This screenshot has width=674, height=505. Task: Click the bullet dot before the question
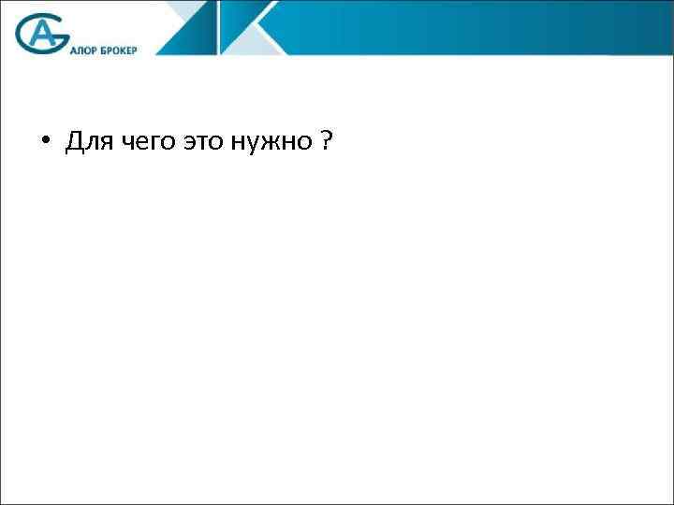[44, 143]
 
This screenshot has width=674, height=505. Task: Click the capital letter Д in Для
[72, 143]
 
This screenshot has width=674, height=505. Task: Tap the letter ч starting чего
[121, 144]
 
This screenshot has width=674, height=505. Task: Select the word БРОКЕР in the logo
[118, 50]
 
